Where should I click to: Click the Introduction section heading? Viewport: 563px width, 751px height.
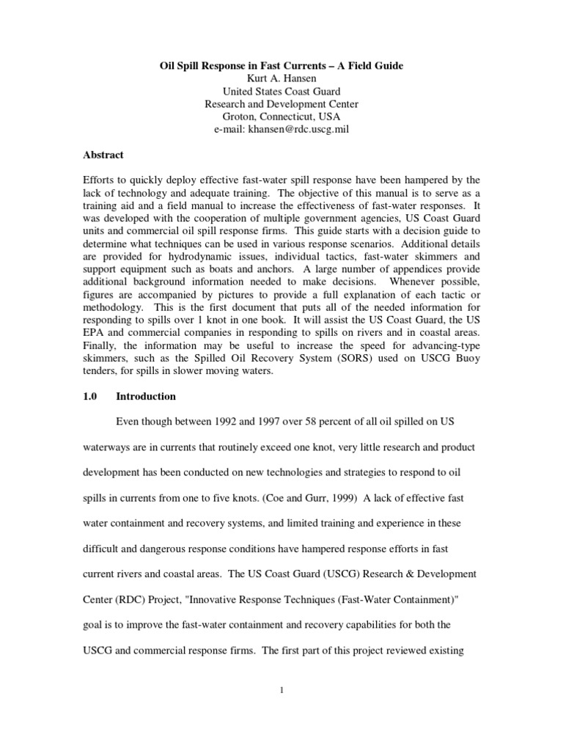(146, 396)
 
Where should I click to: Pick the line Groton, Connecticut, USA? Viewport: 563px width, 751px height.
(281, 117)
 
